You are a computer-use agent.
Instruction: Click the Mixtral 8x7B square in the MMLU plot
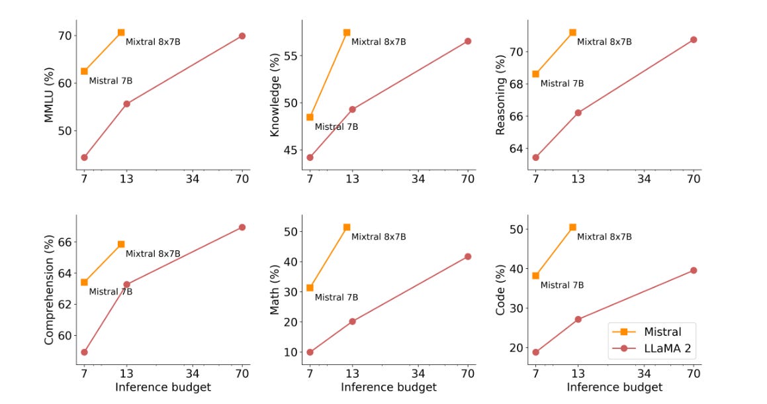tap(121, 32)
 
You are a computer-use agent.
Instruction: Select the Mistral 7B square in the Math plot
tap(310, 288)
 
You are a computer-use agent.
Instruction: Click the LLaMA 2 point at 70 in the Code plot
tap(694, 270)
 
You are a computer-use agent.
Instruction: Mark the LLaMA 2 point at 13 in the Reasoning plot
tap(578, 113)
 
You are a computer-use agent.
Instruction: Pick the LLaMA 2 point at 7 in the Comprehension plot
tap(84, 352)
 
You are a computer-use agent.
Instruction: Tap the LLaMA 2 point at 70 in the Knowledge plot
tap(468, 41)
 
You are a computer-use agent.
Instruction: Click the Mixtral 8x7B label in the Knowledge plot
tap(379, 42)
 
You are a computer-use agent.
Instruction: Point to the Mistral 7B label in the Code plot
tap(562, 285)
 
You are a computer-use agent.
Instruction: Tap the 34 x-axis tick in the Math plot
tap(418, 373)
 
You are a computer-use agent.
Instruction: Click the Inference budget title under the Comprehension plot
tap(163, 387)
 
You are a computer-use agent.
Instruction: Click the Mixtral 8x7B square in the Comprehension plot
tap(121, 244)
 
